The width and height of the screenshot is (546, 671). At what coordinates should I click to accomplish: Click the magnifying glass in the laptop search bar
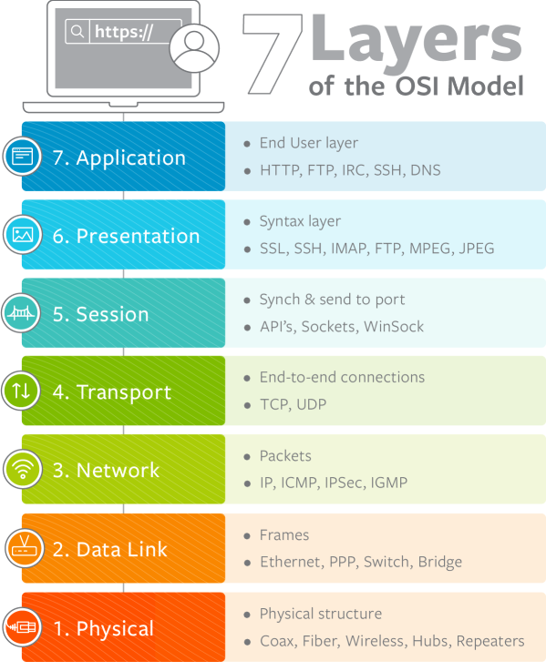pyautogui.click(x=77, y=31)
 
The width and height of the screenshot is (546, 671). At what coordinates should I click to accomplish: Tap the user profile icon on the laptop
pyautogui.click(x=194, y=48)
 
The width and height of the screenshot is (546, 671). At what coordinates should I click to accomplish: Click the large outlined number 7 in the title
pyautogui.click(x=273, y=53)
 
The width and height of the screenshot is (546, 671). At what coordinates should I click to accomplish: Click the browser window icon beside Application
pyautogui.click(x=23, y=157)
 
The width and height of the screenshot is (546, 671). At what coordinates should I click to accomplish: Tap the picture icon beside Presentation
pyautogui.click(x=23, y=235)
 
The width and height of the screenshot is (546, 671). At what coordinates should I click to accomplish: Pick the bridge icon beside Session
pyautogui.click(x=22, y=313)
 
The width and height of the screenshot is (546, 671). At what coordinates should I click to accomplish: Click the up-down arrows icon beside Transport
pyautogui.click(x=22, y=391)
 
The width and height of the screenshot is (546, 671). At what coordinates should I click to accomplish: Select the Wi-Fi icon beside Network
pyautogui.click(x=23, y=469)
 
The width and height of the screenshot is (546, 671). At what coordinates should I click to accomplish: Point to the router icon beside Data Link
pyautogui.click(x=25, y=548)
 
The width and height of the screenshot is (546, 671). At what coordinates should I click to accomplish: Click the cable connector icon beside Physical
pyautogui.click(x=22, y=627)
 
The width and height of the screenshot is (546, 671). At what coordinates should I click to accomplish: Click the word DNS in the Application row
pyautogui.click(x=425, y=170)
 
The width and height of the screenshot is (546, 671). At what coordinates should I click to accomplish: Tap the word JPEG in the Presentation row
pyautogui.click(x=476, y=249)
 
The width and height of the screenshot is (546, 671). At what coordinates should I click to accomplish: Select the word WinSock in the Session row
pyautogui.click(x=394, y=327)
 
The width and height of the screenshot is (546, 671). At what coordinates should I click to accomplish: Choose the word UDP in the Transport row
pyautogui.click(x=311, y=404)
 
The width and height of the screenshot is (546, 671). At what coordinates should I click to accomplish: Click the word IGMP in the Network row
pyautogui.click(x=388, y=483)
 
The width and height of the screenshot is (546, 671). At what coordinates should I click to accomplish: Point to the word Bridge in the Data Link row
pyautogui.click(x=440, y=563)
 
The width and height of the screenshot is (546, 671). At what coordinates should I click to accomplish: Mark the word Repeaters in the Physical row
pyautogui.click(x=490, y=641)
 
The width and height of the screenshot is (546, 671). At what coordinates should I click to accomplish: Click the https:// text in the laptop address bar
pyautogui.click(x=124, y=32)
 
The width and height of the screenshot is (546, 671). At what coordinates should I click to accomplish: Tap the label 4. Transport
pyautogui.click(x=112, y=392)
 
